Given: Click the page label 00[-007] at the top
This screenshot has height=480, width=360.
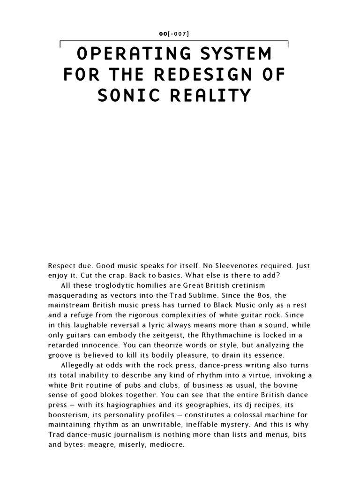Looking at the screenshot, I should (180, 34).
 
